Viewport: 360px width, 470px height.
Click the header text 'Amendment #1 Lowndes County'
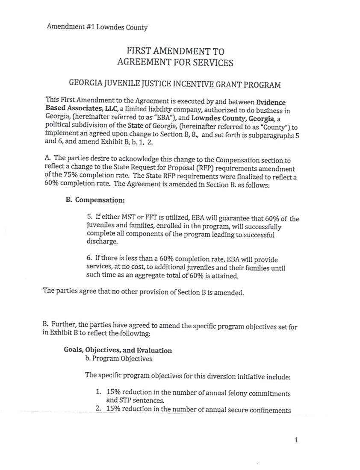97,27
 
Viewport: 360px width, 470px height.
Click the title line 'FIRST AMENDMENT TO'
175,52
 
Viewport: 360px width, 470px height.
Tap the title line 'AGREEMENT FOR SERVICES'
175,62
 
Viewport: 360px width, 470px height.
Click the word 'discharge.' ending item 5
102,242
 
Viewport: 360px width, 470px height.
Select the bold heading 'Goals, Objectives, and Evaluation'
118,350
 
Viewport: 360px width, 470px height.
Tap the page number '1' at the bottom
296,441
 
